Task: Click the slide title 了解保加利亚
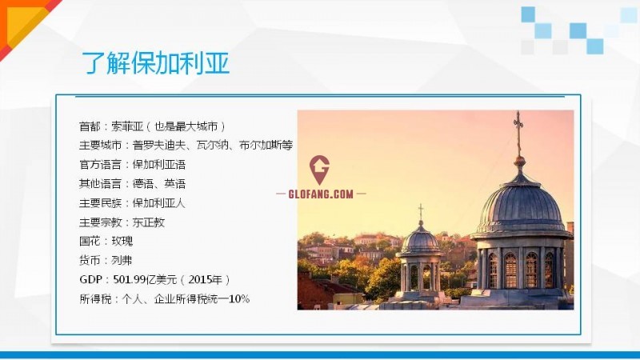tap(155, 63)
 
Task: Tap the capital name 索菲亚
tap(127, 126)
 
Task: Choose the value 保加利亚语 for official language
tap(159, 165)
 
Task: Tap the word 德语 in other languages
tap(143, 184)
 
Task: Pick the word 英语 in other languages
tap(175, 184)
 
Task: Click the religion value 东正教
tap(149, 222)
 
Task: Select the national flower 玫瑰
tap(122, 242)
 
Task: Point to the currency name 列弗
tap(122, 261)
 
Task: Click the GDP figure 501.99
tap(130, 279)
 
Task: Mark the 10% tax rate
tap(239, 299)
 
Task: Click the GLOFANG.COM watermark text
tap(321, 194)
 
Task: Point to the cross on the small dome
tap(421, 211)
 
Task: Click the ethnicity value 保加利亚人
tap(159, 203)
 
